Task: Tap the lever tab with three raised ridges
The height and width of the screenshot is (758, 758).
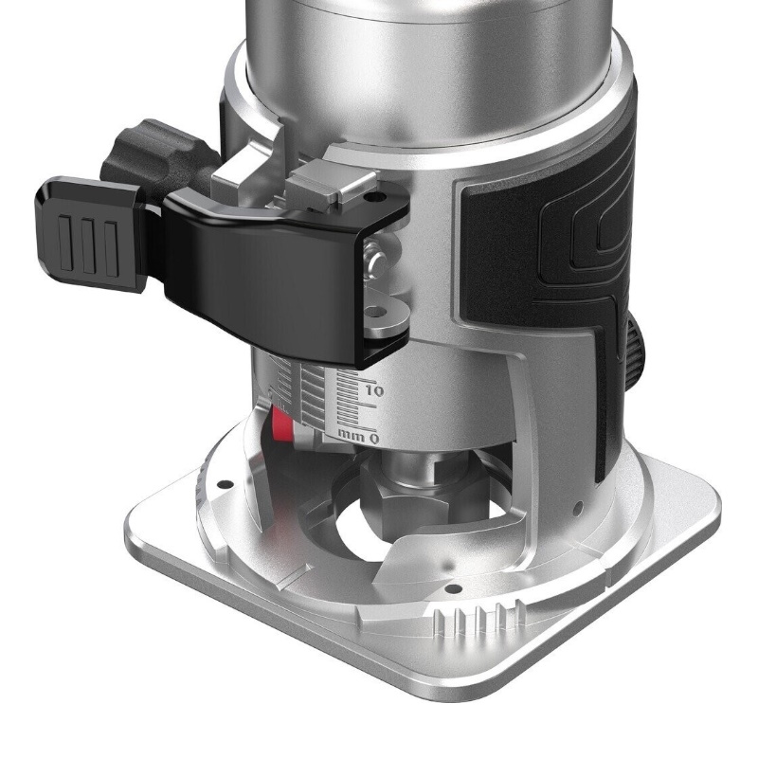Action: click(90, 234)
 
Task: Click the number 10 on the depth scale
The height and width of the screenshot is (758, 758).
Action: click(374, 390)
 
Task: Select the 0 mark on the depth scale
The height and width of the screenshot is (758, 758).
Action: click(373, 439)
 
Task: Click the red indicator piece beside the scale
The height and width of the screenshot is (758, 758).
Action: click(282, 423)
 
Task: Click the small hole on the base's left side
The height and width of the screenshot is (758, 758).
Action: click(225, 484)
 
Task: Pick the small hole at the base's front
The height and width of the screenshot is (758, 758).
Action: click(453, 588)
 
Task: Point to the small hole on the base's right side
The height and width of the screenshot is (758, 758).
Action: click(577, 509)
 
